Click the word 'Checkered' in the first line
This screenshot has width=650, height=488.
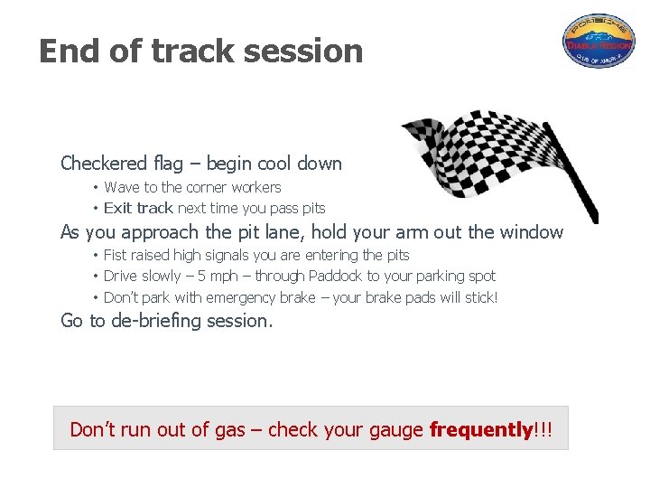pyautogui.click(x=103, y=164)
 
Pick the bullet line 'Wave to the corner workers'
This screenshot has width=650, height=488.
pyautogui.click(x=192, y=187)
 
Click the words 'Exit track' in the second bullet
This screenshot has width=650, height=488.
pyautogui.click(x=138, y=208)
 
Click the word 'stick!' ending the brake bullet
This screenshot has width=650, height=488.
pyautogui.click(x=479, y=297)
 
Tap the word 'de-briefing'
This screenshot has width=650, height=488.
pyautogui.click(x=159, y=321)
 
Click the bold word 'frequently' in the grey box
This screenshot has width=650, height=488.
pyautogui.click(x=480, y=430)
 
